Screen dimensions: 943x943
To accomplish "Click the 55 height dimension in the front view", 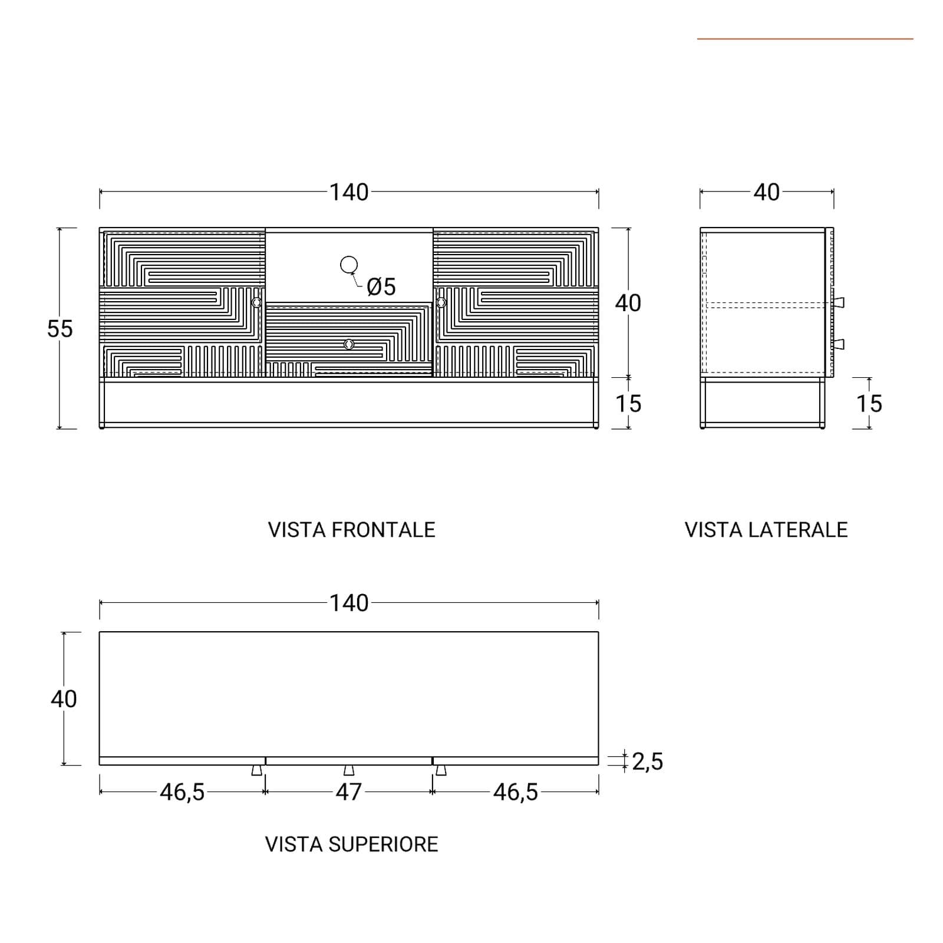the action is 60,329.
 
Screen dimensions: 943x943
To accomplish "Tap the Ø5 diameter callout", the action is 381,287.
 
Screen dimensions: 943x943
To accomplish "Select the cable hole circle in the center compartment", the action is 349,265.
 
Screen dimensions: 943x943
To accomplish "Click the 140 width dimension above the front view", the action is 349,192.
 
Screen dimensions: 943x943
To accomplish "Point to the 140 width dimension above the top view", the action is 349,603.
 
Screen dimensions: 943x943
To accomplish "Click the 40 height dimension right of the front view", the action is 628,303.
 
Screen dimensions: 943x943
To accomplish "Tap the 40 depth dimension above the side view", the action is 766,192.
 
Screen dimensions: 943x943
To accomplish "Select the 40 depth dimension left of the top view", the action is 64,699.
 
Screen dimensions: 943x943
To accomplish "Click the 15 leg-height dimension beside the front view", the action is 628,404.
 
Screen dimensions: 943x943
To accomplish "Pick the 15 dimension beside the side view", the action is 869,404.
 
